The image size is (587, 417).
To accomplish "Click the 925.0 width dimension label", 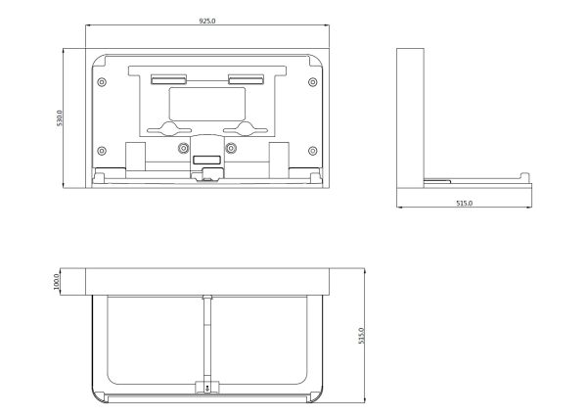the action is [207, 21].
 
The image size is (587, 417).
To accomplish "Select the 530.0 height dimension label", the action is [60, 118].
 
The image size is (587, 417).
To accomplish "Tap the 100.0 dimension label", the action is [57, 282].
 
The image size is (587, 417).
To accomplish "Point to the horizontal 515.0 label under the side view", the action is [464, 203].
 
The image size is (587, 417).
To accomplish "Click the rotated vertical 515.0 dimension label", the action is [361, 336].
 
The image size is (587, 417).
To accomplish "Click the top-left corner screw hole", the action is [102, 82].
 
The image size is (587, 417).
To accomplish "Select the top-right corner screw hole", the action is [313, 82].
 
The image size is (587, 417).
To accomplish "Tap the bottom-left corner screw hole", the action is [102, 151].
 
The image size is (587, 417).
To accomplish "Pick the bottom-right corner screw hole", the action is [313, 151].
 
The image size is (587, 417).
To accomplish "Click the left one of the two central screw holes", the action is [183, 148].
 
